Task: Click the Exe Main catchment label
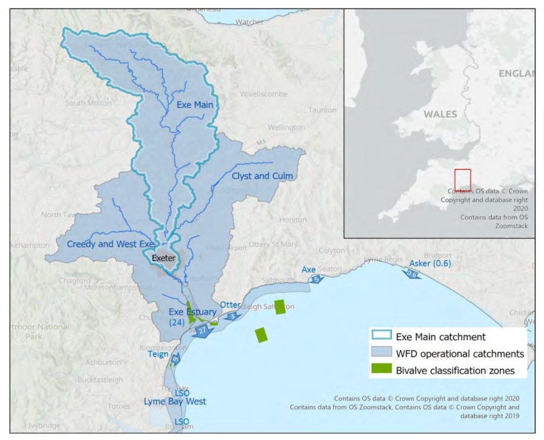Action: [x=195, y=105]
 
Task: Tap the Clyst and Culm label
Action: [x=262, y=176]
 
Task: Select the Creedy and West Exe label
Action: [x=110, y=244]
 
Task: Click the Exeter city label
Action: [x=163, y=258]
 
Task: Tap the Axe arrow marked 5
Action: [x=316, y=279]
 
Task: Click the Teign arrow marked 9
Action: [x=176, y=359]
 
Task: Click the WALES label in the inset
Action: [x=440, y=114]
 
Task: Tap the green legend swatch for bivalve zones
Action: [x=380, y=370]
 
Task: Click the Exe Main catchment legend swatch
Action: [x=380, y=337]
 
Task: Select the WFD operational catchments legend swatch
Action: [x=380, y=353]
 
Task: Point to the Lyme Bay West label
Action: [x=175, y=401]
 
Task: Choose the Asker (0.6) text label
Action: [x=430, y=264]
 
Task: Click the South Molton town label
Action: [x=89, y=103]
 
